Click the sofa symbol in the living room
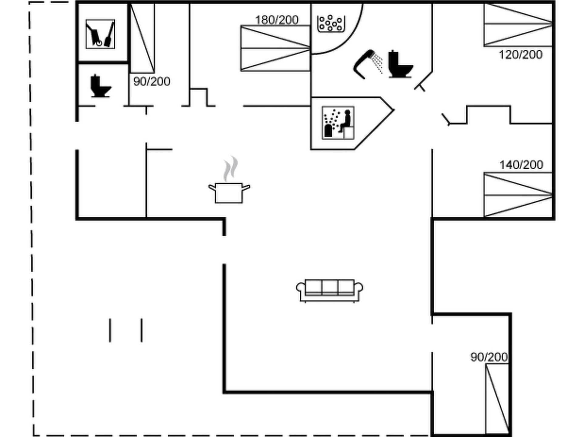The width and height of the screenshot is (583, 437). [329, 291]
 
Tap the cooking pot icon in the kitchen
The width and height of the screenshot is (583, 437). [229, 193]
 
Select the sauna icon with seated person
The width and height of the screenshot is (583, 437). [338, 123]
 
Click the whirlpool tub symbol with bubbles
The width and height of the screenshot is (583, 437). [331, 23]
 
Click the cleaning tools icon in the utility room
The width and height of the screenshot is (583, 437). [100, 34]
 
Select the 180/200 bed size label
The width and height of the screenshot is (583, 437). [277, 20]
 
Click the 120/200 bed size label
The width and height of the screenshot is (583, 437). [520, 55]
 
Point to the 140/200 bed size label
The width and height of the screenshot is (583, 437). [521, 165]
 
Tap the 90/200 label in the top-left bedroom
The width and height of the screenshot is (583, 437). [152, 81]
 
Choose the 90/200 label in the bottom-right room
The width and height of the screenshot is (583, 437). [489, 357]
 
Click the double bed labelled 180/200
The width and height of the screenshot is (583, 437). [275, 48]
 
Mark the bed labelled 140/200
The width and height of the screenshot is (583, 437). [518, 195]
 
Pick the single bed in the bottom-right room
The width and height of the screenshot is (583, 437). [497, 399]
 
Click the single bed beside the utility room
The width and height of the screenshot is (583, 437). [142, 38]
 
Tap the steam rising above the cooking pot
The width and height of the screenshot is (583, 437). [230, 169]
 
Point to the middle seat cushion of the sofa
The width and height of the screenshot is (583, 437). [330, 287]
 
